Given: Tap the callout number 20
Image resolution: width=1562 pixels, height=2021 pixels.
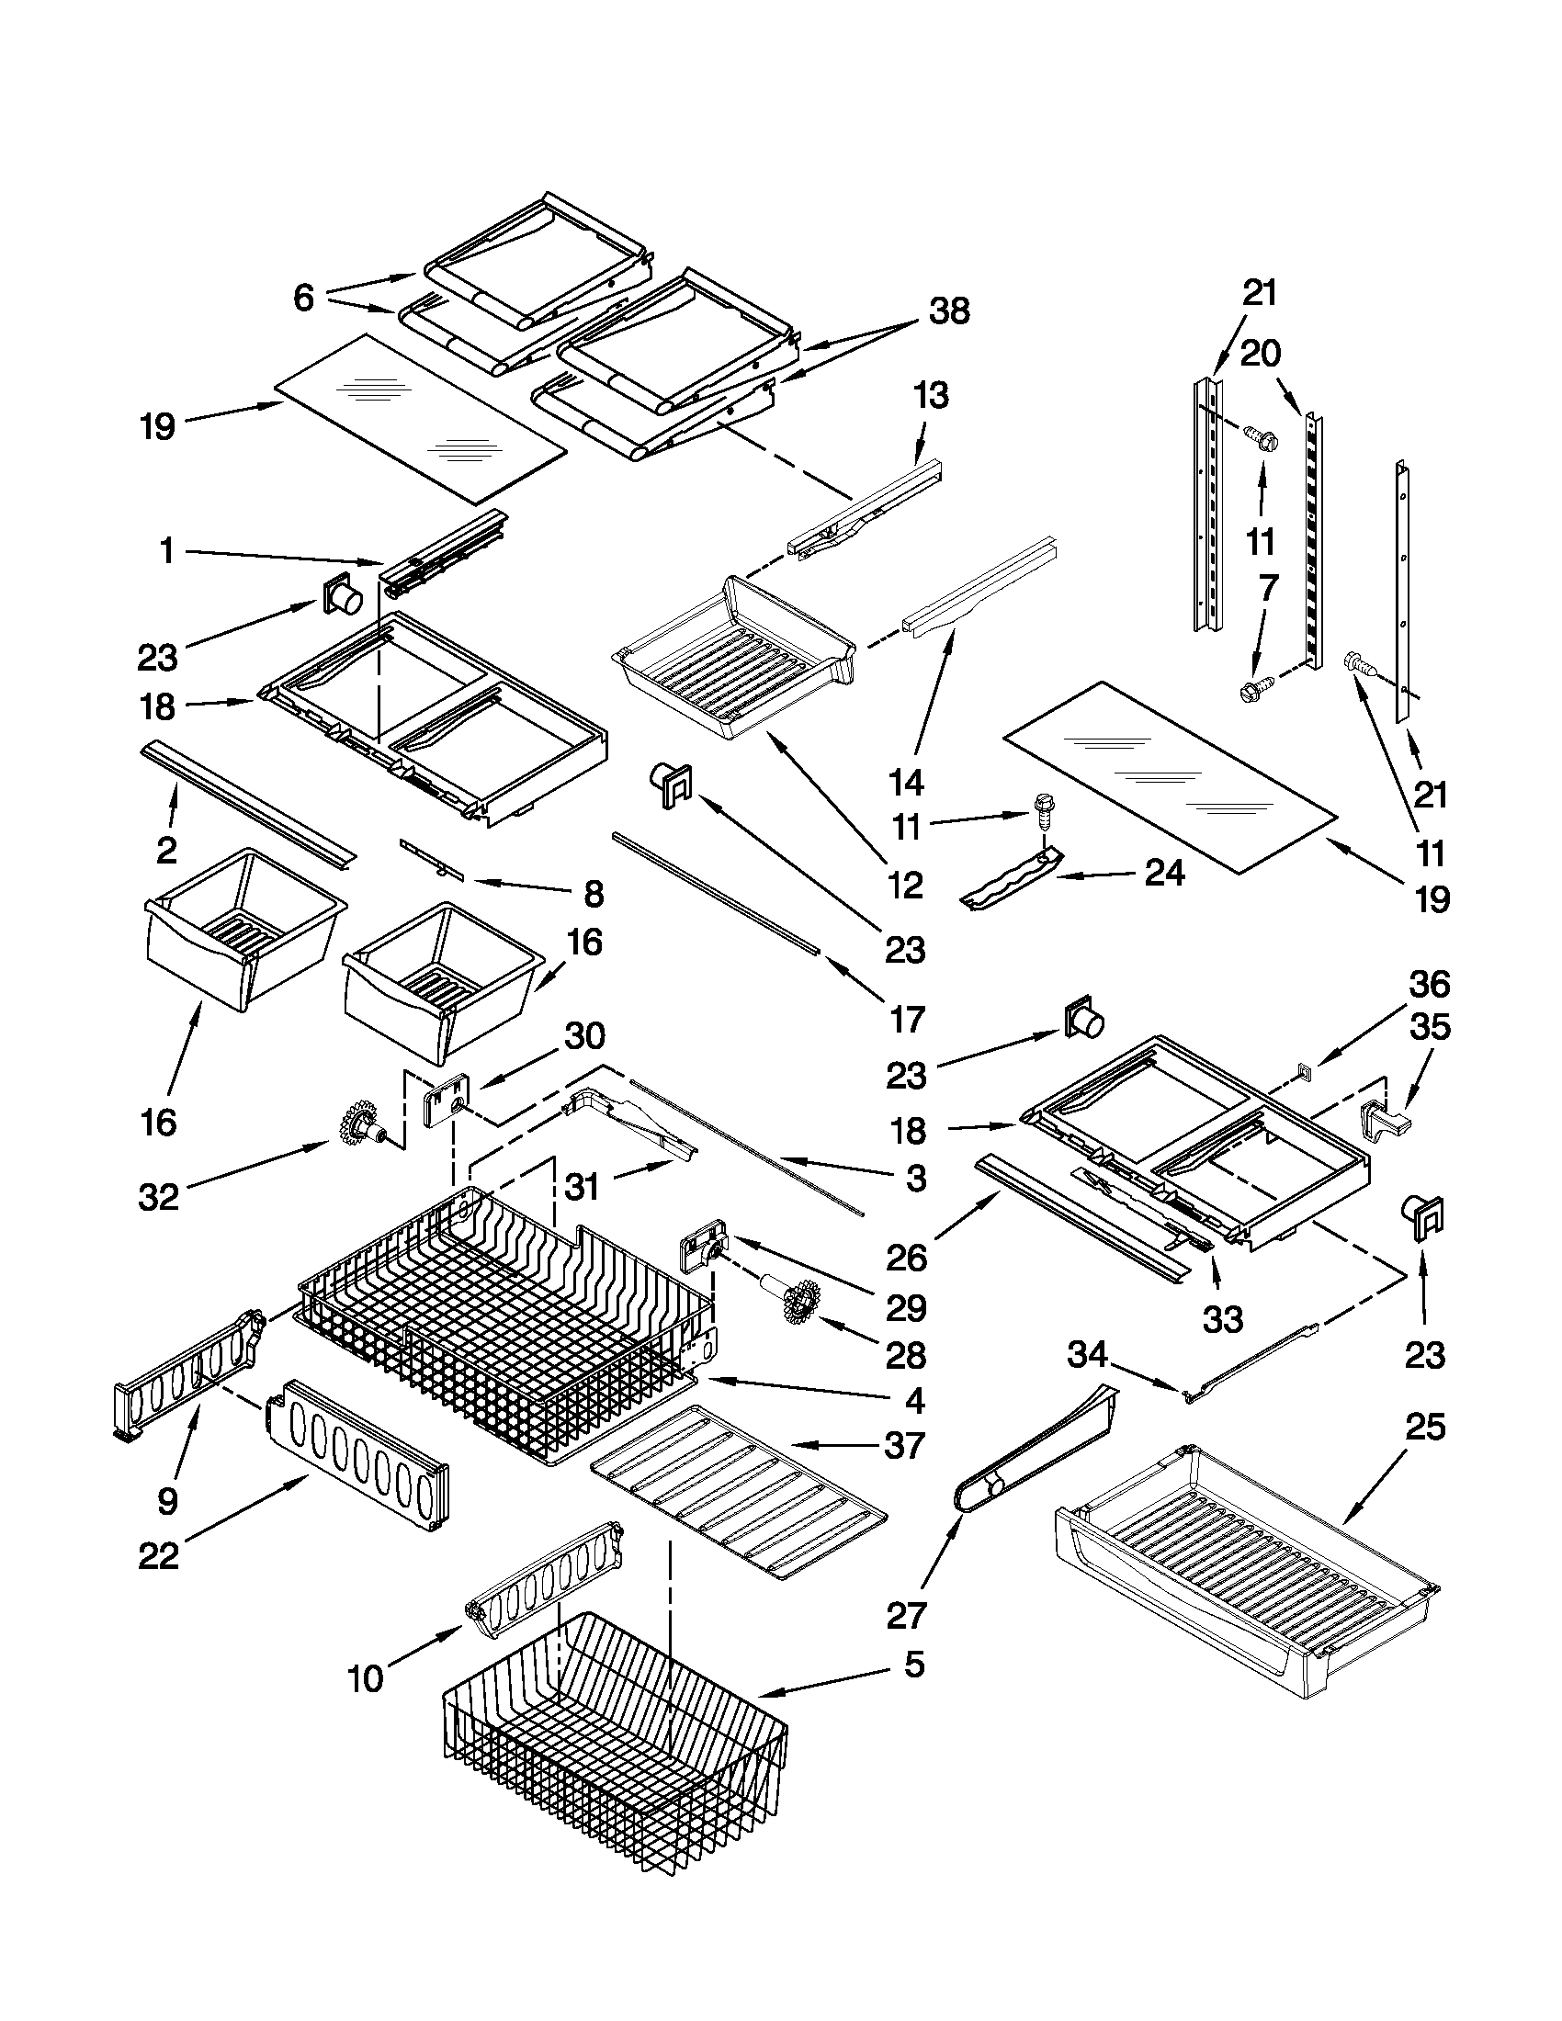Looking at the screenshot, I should point(1261,354).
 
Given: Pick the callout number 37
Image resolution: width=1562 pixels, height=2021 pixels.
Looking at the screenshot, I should point(905,1444).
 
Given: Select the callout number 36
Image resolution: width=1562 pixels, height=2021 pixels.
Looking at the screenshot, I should point(1429,985).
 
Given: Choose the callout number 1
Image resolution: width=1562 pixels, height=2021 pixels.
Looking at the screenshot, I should point(166,552).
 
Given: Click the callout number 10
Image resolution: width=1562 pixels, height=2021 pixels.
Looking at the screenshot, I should point(367,1677).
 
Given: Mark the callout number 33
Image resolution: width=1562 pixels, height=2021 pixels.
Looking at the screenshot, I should point(1222,1319).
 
